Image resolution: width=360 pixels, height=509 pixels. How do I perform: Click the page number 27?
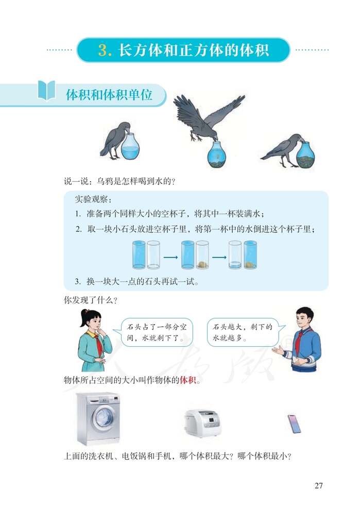[x=318, y=485]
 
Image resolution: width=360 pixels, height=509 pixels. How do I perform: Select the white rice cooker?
[x=201, y=423]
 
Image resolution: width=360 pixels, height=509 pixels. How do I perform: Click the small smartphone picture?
[x=294, y=423]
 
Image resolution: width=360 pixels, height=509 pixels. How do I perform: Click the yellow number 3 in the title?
[x=105, y=50]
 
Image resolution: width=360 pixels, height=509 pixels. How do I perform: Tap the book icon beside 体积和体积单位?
[x=47, y=90]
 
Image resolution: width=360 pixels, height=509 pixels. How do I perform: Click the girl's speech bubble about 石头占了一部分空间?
[x=152, y=332]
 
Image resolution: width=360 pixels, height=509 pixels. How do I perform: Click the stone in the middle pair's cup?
[x=202, y=264]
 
